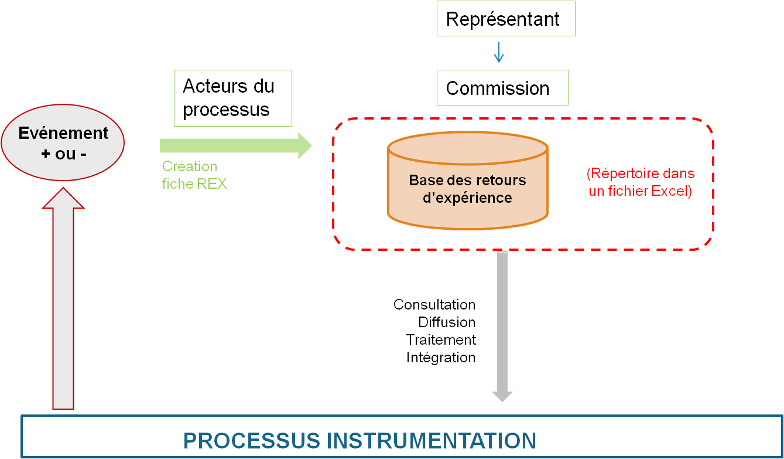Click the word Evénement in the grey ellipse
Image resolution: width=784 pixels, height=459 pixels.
coord(63,133)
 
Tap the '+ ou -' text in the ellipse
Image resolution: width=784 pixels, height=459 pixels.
coord(63,154)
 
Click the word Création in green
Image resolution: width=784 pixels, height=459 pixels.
coord(190,166)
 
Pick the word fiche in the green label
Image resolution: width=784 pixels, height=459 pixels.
coord(178,183)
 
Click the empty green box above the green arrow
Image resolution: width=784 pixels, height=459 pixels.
coord(233,98)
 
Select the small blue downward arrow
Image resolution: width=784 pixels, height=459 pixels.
coord(499,53)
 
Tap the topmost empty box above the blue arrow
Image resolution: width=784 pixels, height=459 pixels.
coord(506,18)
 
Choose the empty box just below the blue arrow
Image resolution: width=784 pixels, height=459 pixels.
coord(502,87)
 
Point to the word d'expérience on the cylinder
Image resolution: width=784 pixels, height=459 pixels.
coord(467,198)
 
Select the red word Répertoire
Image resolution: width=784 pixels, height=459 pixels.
coord(624,174)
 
